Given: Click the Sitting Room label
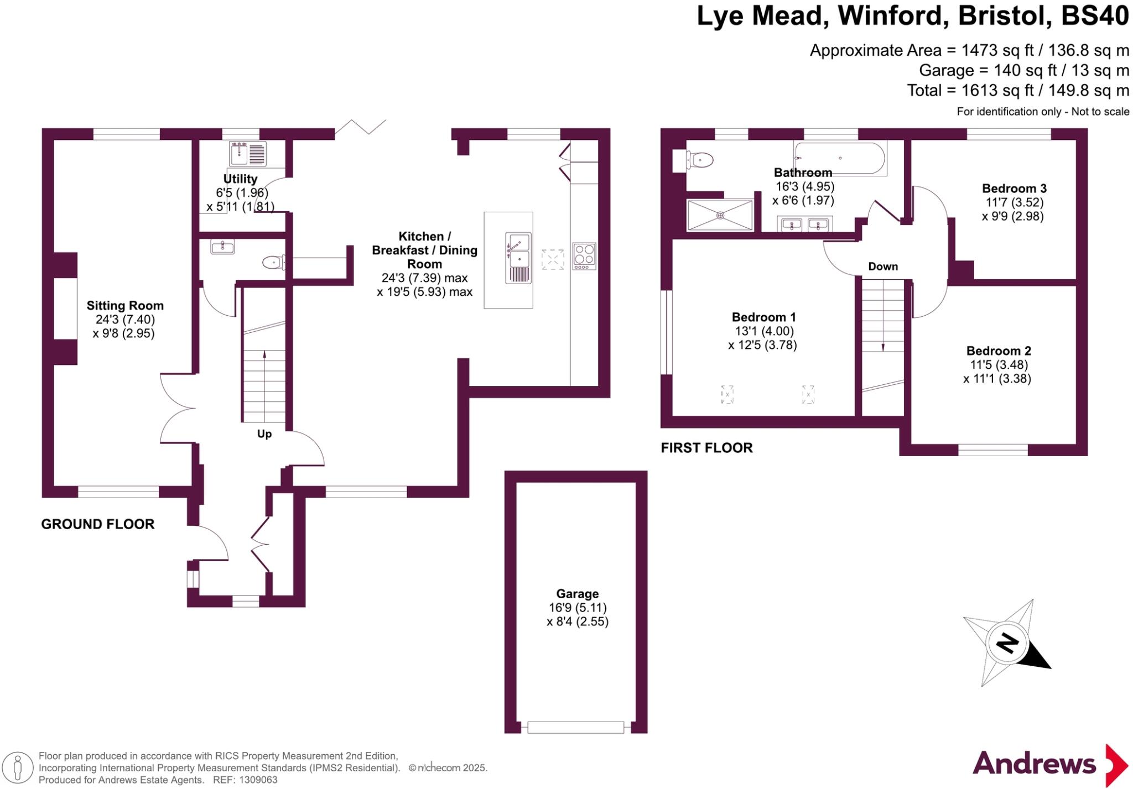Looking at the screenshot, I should (125, 305).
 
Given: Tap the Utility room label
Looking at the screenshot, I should (240, 179).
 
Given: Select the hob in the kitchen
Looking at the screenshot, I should (584, 256).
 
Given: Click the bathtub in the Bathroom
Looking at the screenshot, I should (840, 158).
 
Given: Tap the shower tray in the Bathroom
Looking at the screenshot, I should (720, 215).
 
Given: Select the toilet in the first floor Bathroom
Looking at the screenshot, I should (699, 160).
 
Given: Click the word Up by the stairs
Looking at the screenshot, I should (264, 434).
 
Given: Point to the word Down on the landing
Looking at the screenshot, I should (882, 267).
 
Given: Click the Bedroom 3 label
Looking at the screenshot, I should (1014, 189).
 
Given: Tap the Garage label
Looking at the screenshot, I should (577, 594).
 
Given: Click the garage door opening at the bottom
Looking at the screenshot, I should (575, 727).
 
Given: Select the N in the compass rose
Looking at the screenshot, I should (1007, 643).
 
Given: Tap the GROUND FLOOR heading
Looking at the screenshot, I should (98, 524).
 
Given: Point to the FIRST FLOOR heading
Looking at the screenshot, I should (706, 448).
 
